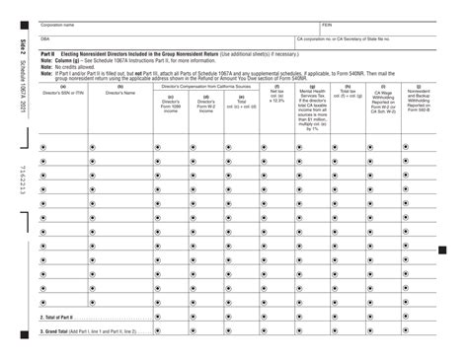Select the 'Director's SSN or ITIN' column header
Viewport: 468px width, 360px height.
click(x=62, y=93)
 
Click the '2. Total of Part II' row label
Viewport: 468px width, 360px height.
click(x=59, y=318)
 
